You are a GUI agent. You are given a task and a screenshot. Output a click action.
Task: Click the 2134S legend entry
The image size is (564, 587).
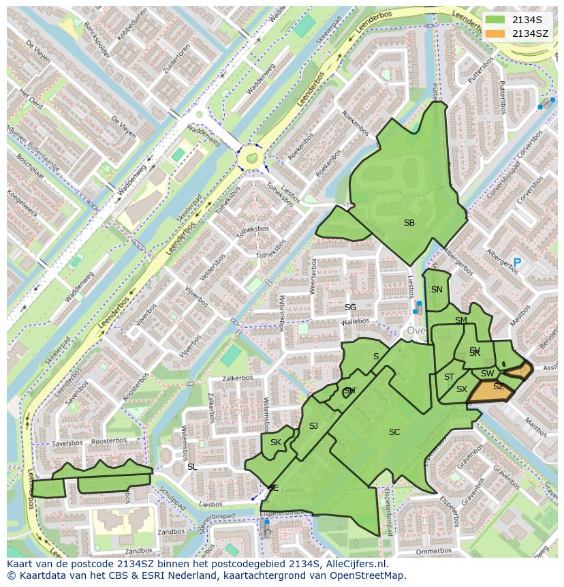pyautogui.click(x=520, y=20)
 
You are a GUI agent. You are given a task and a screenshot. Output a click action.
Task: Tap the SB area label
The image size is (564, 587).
pyautogui.click(x=409, y=223)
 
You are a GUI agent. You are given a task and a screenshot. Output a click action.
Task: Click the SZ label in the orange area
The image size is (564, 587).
pyautogui.click(x=498, y=387)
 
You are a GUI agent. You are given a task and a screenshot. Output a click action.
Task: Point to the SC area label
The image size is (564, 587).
pyautogui.click(x=394, y=432)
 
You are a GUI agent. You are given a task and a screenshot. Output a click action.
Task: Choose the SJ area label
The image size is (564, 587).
pyautogui.click(x=313, y=426)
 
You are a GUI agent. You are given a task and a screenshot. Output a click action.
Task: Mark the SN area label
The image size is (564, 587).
pyautogui.click(x=437, y=289)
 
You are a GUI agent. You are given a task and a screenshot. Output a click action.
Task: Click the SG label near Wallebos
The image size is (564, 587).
pyautogui.click(x=350, y=307)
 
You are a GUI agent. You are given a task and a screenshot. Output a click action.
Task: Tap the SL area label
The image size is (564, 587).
pyautogui.click(x=192, y=466)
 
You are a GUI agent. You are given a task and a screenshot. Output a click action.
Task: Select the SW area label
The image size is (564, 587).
pyautogui.click(x=487, y=374)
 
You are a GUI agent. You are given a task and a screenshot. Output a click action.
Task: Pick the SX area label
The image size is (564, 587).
pyautogui.click(x=462, y=389)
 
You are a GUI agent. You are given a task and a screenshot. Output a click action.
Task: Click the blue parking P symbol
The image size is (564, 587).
pyautogui.click(x=517, y=262)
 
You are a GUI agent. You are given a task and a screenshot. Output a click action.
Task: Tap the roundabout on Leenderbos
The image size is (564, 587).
pyautogui.click(x=251, y=158)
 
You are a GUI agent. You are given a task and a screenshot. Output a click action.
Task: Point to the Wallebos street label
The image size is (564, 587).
pyautogui.click(x=355, y=320)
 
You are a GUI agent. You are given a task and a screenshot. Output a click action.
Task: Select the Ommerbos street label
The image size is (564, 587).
pyautogui.click(x=433, y=550)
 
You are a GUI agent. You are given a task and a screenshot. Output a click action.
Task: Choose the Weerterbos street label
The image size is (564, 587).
pyautogui.click(x=313, y=276)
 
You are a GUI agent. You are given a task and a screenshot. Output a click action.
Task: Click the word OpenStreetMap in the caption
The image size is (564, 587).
pyautogui.click(x=362, y=575)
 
